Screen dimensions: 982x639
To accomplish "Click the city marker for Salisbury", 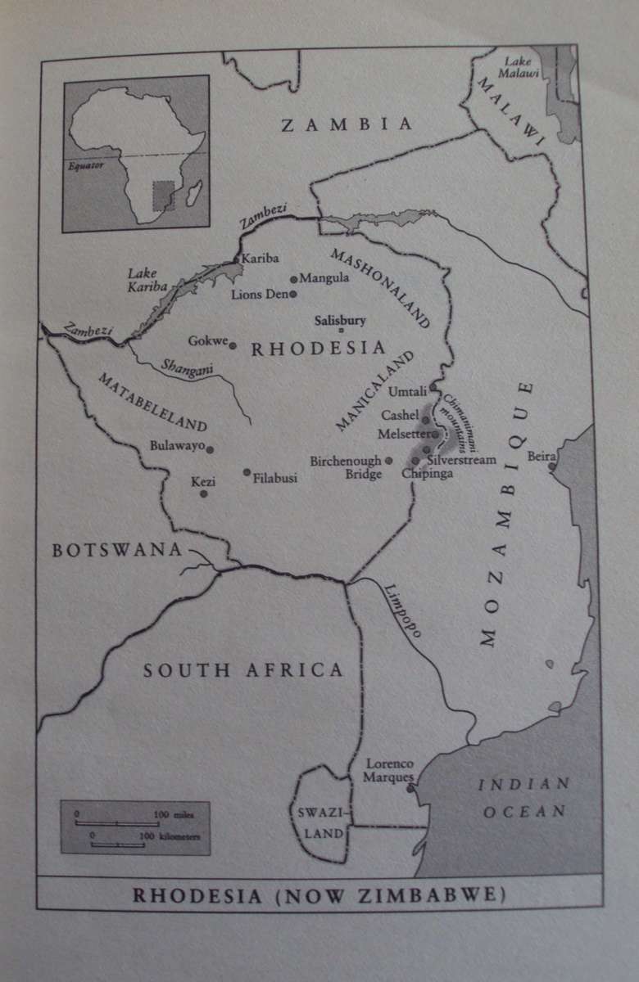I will click(342, 330).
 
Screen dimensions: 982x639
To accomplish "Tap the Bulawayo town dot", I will click(211, 449).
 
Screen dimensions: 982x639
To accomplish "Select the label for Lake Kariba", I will click(147, 281).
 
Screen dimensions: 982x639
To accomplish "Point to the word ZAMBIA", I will click(347, 124).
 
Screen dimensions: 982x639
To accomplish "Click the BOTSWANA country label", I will click(116, 550).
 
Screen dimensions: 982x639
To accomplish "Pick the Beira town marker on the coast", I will click(552, 466).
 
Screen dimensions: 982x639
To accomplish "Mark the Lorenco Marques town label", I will click(389, 769).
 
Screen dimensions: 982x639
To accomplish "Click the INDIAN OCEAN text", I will click(524, 798).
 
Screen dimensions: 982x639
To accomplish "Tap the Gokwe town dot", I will click(233, 345).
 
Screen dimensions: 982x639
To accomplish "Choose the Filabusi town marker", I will click(247, 471).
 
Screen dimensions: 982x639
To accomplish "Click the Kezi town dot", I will click(204, 493).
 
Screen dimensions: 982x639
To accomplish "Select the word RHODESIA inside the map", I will click(318, 349).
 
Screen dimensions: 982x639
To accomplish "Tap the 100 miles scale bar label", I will click(168, 814).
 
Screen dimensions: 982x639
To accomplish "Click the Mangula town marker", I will click(294, 279).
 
